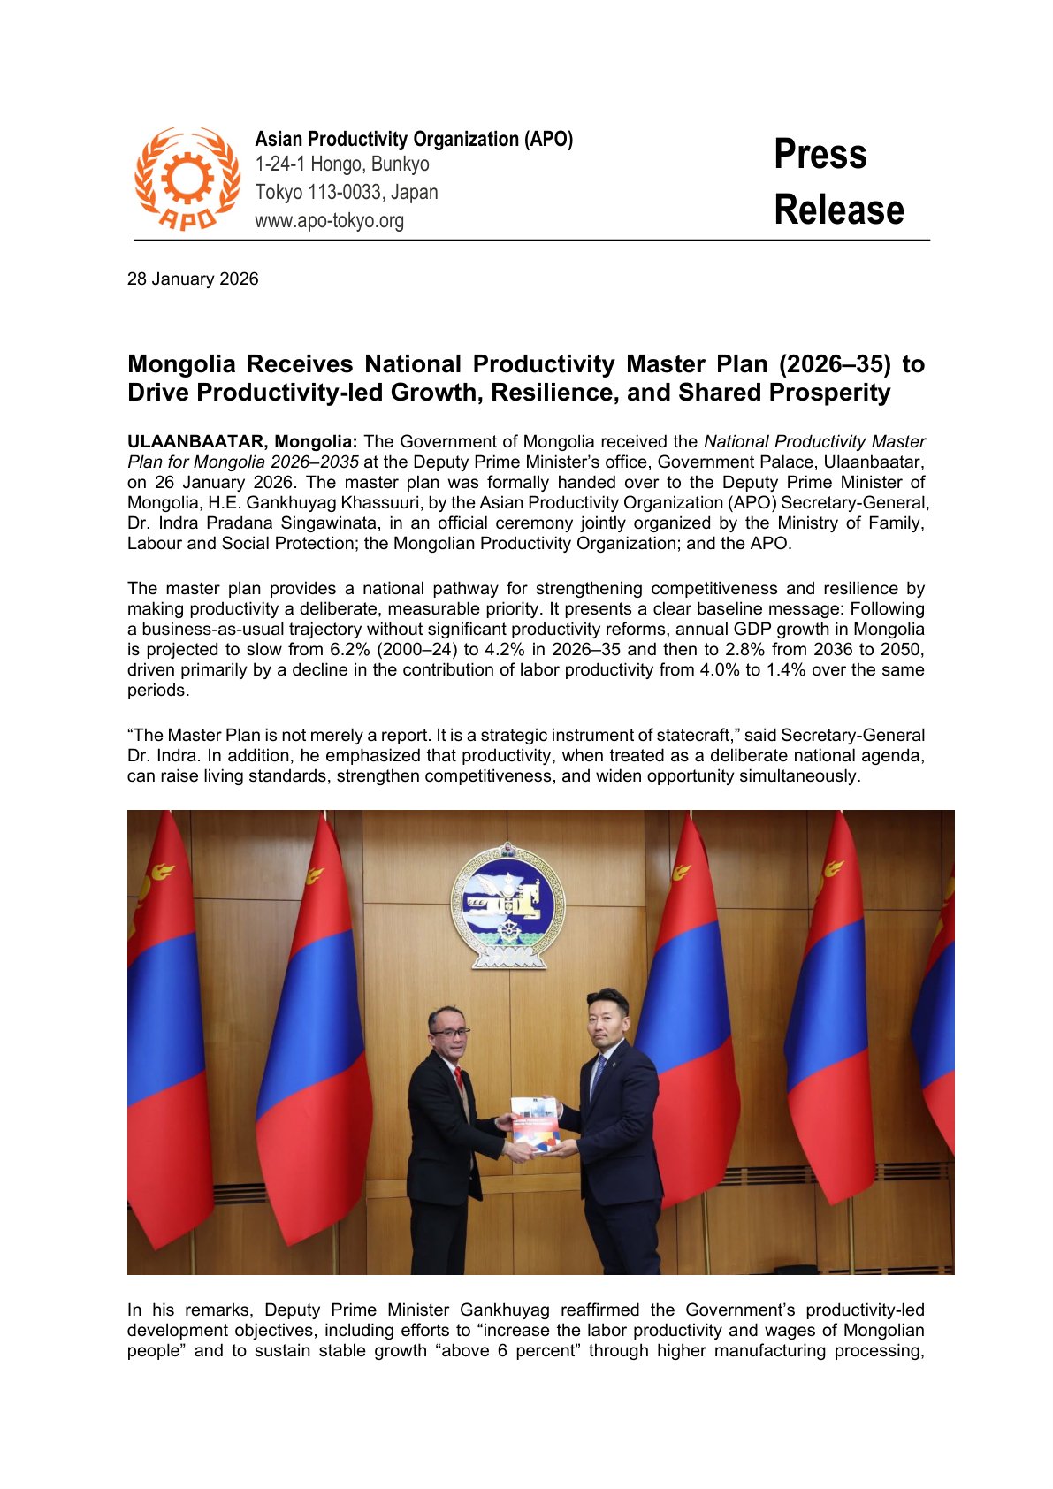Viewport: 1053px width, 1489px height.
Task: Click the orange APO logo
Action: click(x=187, y=179)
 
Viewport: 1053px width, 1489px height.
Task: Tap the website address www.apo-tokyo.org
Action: click(x=329, y=220)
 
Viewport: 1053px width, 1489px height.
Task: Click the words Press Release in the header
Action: click(x=837, y=182)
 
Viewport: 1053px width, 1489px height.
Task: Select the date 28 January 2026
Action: click(x=193, y=279)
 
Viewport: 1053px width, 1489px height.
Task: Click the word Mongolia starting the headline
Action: click(x=181, y=364)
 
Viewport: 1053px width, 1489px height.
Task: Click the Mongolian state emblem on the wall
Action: click(x=507, y=904)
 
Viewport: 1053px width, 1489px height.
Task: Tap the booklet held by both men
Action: click(x=535, y=1125)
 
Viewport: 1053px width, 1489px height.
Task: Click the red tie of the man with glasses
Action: click(x=458, y=1080)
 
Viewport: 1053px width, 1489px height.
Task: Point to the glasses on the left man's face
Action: click(x=451, y=1033)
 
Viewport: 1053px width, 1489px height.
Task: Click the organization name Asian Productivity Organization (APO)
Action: click(x=414, y=139)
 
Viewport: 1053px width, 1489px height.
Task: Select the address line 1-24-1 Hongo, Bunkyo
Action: click(x=342, y=164)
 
